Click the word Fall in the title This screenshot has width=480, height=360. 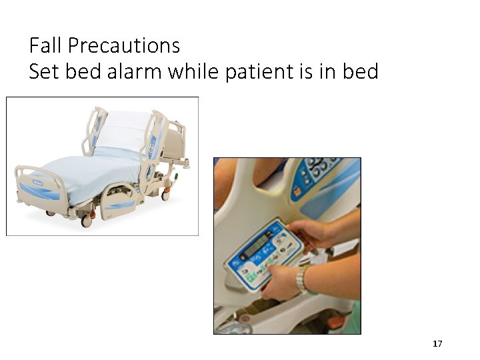[45, 46]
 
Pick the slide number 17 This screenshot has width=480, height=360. [437, 344]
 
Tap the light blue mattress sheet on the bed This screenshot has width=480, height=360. [87, 173]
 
